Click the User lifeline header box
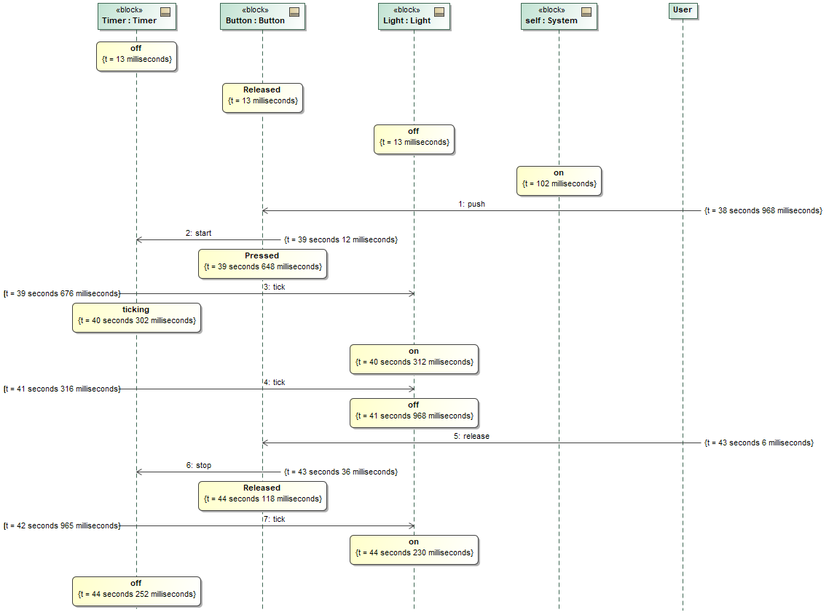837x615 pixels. tap(683, 10)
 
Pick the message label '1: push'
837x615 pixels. tap(472, 205)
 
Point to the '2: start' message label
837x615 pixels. tap(198, 234)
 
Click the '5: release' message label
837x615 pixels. tap(472, 437)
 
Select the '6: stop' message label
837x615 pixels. tap(198, 466)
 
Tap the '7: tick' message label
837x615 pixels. tap(274, 520)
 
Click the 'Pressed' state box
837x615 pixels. tap(262, 263)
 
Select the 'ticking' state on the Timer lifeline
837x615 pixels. tap(136, 317)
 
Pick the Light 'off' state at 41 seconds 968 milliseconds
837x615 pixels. tap(414, 413)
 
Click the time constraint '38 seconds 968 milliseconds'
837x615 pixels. tap(763, 211)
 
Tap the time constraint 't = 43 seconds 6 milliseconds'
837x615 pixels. tap(758, 443)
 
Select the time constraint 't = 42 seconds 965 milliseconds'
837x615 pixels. tap(61, 525)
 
